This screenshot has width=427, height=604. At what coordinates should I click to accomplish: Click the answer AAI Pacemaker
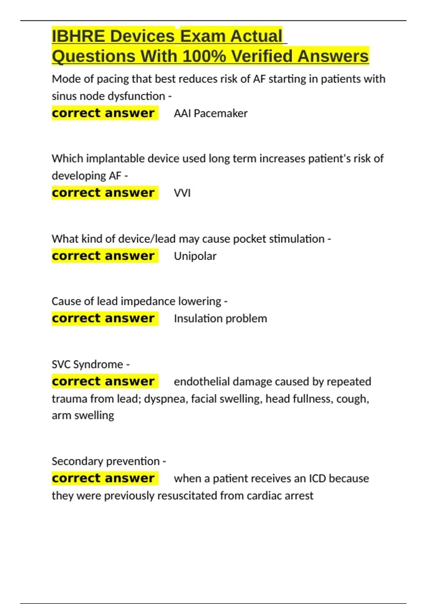[x=211, y=113]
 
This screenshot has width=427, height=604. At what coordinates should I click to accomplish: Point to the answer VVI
[x=182, y=193]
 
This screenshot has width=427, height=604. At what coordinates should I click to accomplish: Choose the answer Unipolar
[x=195, y=256]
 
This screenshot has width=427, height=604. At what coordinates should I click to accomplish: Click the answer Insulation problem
[x=220, y=319]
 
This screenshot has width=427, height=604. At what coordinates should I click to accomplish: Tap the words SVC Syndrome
[x=88, y=364]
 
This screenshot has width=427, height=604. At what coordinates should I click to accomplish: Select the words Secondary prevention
[x=106, y=461]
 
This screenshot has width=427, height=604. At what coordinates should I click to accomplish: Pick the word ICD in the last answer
[x=317, y=479]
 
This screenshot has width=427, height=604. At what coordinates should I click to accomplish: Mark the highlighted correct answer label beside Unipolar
[x=104, y=256]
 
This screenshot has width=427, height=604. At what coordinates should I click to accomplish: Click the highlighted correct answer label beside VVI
[x=104, y=193]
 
